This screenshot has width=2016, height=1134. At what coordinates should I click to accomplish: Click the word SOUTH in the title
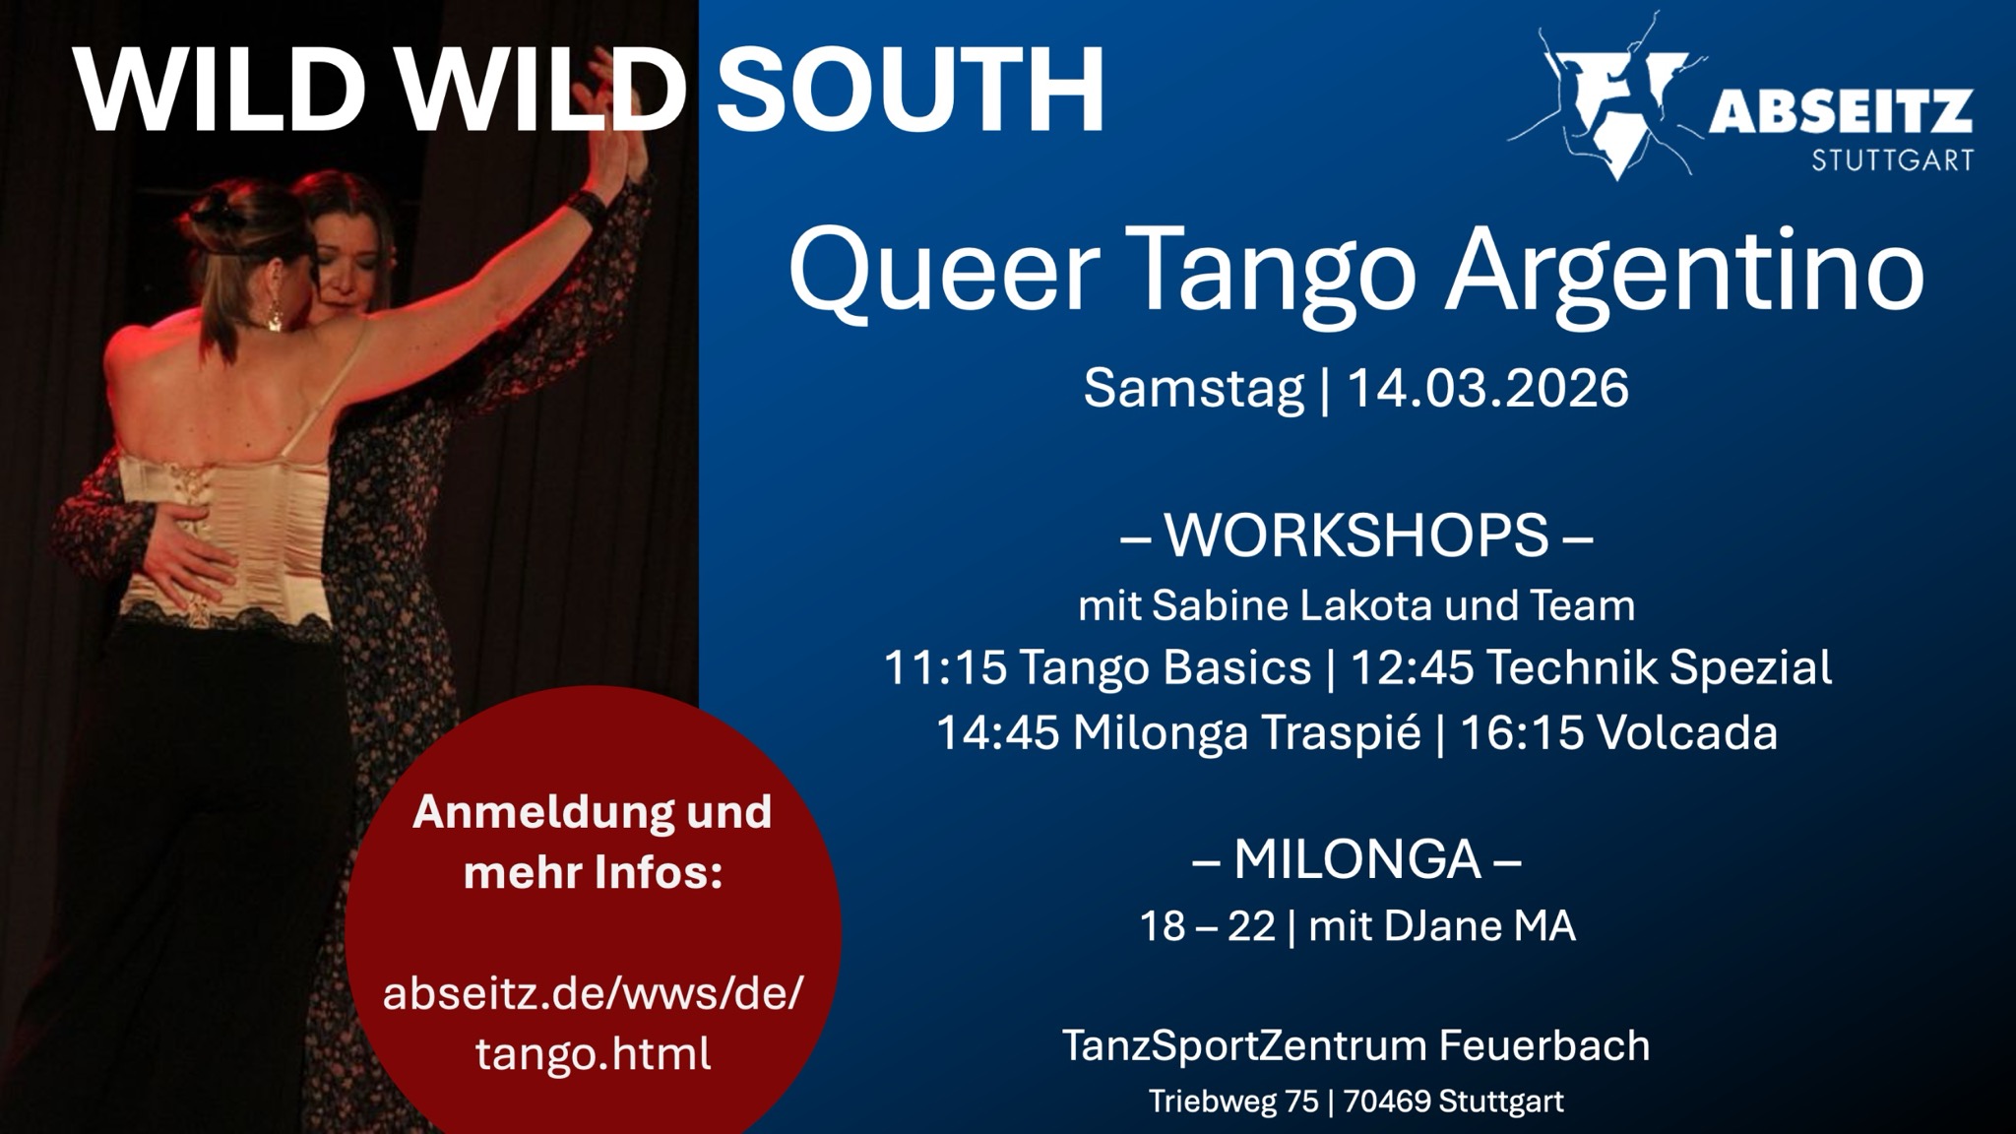(911, 90)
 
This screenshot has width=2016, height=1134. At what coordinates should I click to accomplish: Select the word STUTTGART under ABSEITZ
(1892, 158)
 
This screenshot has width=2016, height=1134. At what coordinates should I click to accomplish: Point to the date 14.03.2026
(1487, 388)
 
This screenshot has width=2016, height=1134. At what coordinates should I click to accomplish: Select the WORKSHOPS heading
(1356, 535)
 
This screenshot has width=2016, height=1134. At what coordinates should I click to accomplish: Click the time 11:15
(945, 667)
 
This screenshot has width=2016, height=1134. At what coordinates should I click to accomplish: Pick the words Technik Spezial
(1658, 668)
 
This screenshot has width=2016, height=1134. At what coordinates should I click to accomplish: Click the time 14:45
(997, 732)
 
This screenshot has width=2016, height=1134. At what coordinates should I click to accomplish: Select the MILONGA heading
(1356, 859)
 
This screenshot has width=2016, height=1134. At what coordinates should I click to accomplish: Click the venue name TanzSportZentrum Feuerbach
(1355, 1045)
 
